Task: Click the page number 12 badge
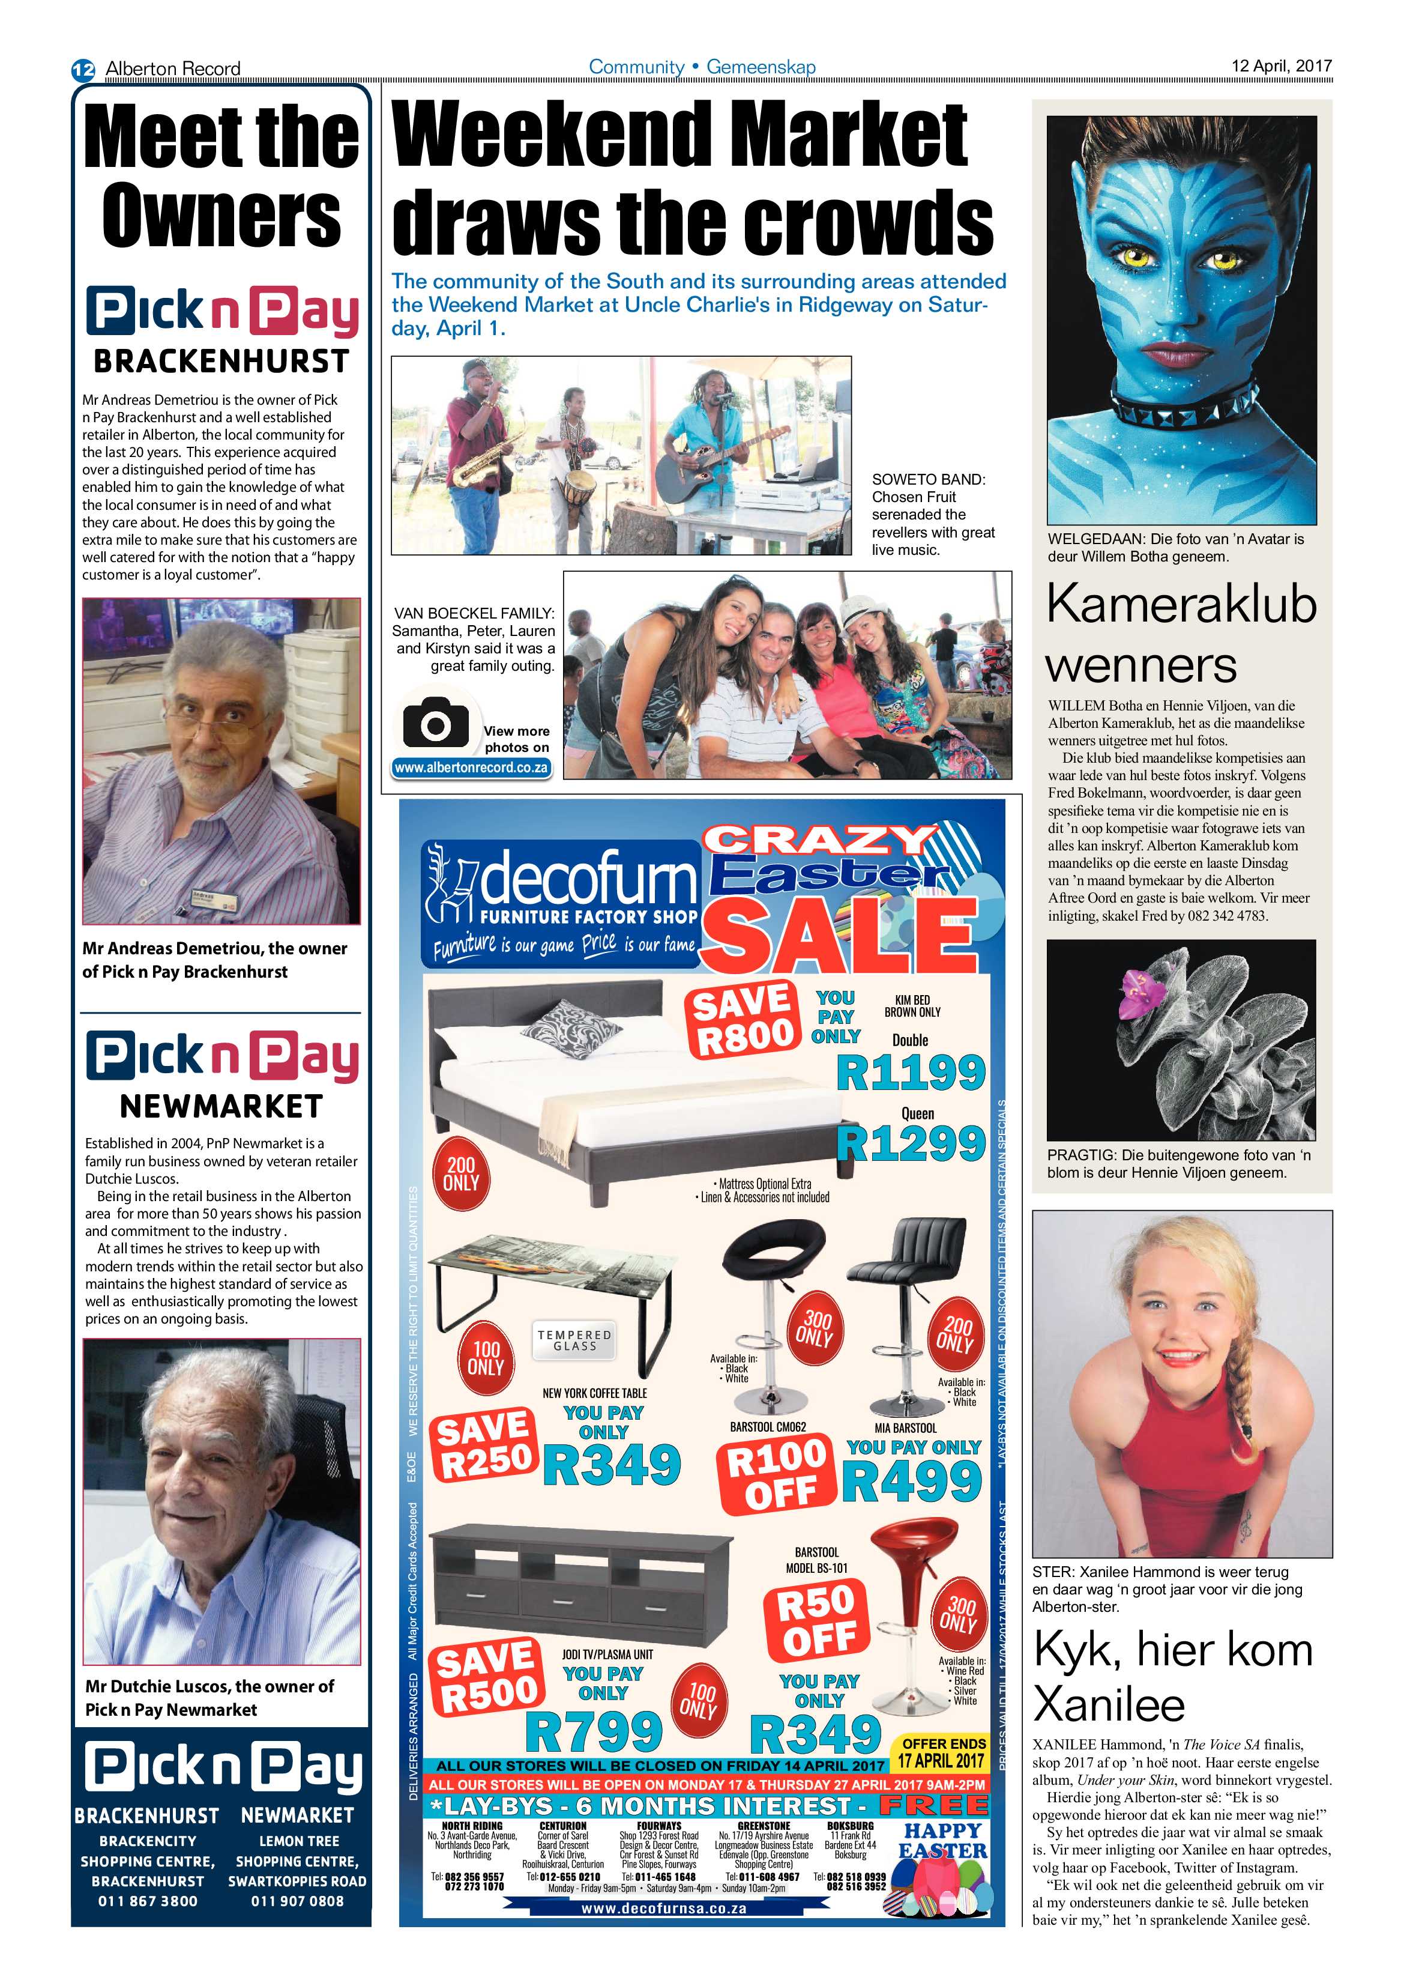(x=83, y=69)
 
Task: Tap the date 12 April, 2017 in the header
(x=1281, y=65)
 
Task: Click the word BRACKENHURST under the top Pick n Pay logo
(x=221, y=361)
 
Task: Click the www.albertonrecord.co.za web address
(x=471, y=767)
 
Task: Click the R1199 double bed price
(x=911, y=1073)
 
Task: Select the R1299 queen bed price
(x=911, y=1143)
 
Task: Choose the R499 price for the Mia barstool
(x=911, y=1481)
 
